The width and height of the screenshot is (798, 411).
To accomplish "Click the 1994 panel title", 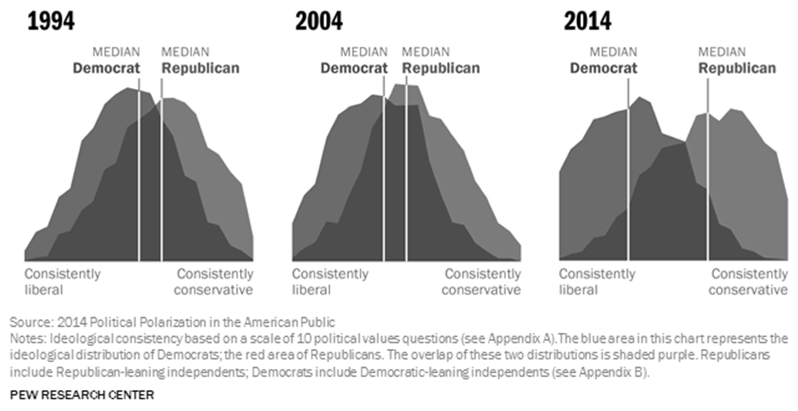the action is [x=51, y=21].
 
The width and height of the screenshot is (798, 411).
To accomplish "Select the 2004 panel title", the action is [x=319, y=21].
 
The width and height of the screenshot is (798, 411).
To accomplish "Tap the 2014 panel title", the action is [x=588, y=21].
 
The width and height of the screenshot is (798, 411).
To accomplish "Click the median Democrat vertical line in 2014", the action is [x=628, y=169].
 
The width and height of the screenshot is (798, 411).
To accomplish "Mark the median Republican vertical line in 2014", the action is [x=708, y=169].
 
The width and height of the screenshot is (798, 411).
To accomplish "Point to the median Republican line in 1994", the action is [x=161, y=169].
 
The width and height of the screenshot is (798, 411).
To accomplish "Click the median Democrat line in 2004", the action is [x=384, y=169].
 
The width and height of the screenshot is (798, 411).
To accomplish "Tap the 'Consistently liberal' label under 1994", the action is [x=62, y=282].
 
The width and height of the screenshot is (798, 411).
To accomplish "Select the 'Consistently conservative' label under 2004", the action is [x=481, y=282].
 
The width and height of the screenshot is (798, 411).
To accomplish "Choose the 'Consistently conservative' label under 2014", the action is [x=748, y=282].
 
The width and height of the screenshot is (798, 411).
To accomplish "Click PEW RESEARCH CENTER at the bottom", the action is [x=82, y=395].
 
